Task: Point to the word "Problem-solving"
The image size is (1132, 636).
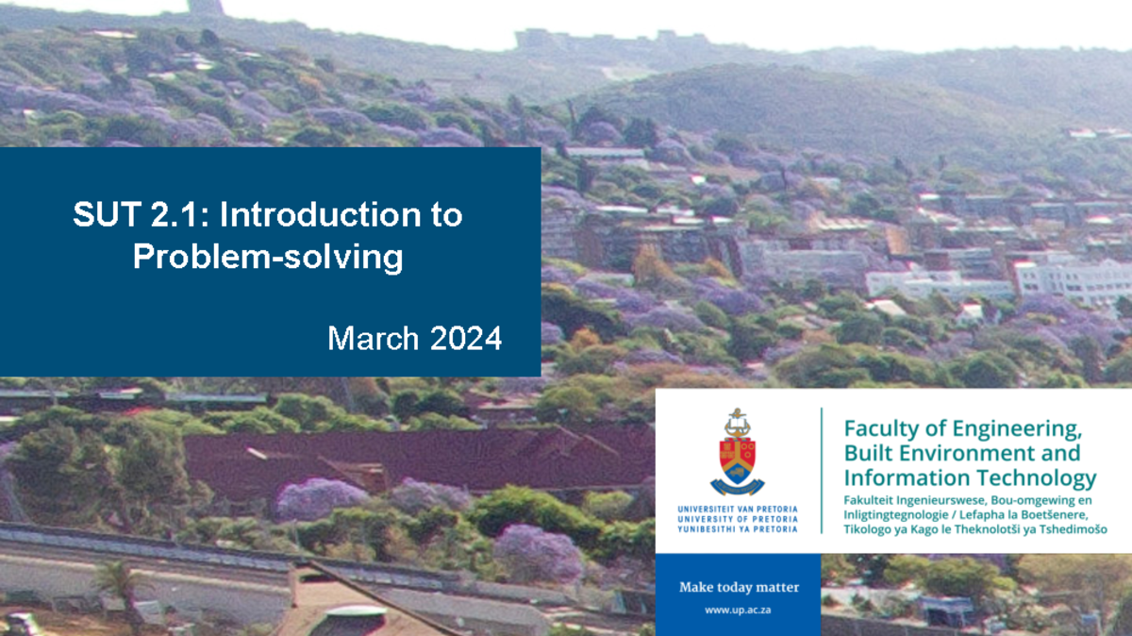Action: [x=268, y=256]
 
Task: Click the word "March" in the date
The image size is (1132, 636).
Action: [x=374, y=338]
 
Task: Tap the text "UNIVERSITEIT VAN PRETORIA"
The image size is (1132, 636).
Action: [x=738, y=510]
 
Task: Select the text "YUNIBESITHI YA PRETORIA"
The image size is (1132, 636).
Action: [x=738, y=528]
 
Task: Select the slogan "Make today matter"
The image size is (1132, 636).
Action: [x=739, y=587]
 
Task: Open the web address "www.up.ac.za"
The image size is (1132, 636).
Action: [x=739, y=611]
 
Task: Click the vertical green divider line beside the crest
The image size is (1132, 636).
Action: [x=822, y=470]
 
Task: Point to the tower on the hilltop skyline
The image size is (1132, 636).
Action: [x=206, y=8]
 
